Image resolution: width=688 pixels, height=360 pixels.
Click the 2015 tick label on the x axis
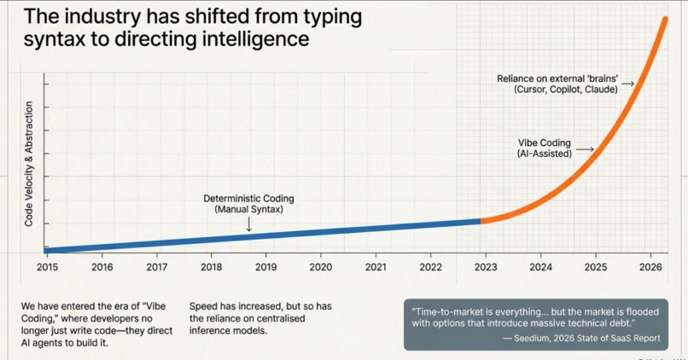click(47, 267)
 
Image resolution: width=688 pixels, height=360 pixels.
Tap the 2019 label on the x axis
click(265, 267)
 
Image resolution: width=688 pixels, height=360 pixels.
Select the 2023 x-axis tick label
click(486, 267)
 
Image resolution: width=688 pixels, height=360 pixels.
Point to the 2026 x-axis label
click(650, 267)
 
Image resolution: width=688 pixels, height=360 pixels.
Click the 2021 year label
click(376, 267)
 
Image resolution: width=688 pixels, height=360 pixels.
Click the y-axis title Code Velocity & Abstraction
click(28, 164)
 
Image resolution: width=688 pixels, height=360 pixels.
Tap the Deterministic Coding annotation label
click(248, 199)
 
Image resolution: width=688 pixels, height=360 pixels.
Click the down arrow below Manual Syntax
click(248, 224)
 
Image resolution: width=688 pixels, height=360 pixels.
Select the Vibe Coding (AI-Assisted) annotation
click(544, 148)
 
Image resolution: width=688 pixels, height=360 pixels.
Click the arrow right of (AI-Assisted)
click(584, 150)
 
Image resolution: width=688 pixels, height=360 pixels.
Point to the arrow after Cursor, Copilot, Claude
click(627, 84)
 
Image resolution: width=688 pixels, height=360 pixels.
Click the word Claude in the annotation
click(600, 90)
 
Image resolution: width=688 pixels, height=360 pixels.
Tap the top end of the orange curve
click(665, 20)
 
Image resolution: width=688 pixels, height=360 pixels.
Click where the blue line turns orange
click(481, 221)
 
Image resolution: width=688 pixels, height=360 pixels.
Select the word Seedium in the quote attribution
click(538, 338)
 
